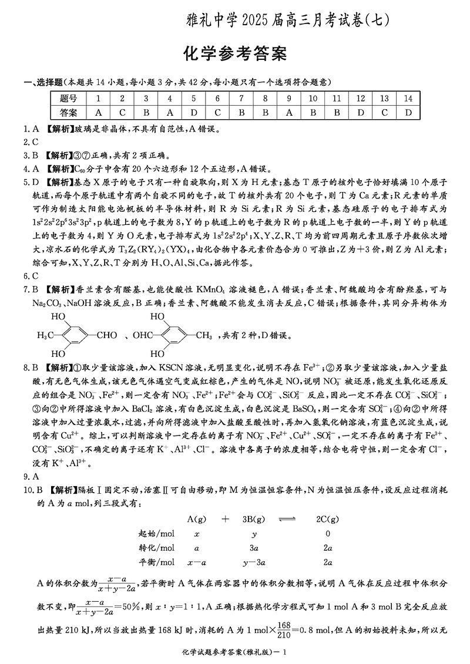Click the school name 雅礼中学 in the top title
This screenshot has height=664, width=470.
click(x=211, y=19)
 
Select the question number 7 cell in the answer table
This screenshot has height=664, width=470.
click(x=241, y=99)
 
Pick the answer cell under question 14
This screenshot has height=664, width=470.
click(x=408, y=112)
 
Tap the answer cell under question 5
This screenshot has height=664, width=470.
click(x=193, y=112)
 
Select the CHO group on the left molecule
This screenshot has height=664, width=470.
click(x=106, y=336)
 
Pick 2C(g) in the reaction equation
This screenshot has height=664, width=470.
click(x=327, y=519)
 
